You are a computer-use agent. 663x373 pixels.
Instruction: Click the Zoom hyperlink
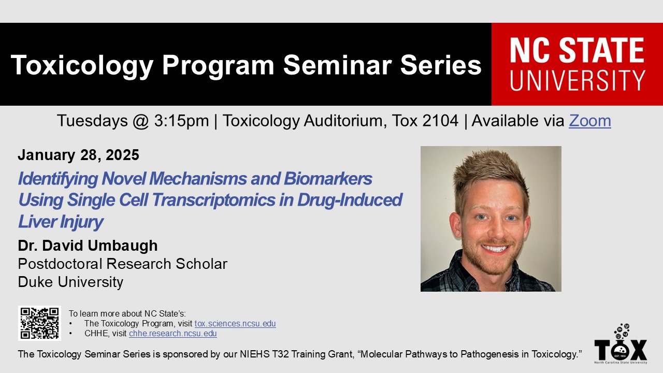(590, 121)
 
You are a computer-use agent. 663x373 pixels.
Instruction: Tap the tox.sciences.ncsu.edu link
(235, 324)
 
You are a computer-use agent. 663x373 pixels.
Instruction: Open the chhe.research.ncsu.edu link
(173, 333)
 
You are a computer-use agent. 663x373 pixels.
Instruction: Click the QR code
(39, 323)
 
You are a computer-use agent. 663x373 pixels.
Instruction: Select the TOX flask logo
(621, 344)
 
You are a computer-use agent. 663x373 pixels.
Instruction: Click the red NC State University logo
(577, 64)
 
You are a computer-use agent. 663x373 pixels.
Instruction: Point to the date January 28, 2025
(78, 155)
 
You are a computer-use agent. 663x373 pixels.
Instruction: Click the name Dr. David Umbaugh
(88, 246)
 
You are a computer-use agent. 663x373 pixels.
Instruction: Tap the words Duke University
(70, 282)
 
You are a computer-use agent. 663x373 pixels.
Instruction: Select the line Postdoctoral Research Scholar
(123, 264)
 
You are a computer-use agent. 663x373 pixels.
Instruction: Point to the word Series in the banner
(441, 65)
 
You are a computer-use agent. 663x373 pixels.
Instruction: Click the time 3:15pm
(181, 121)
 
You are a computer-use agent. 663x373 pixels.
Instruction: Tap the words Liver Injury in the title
(61, 222)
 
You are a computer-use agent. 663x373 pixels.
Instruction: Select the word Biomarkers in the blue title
(328, 179)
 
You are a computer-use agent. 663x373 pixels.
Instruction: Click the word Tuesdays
(92, 121)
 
